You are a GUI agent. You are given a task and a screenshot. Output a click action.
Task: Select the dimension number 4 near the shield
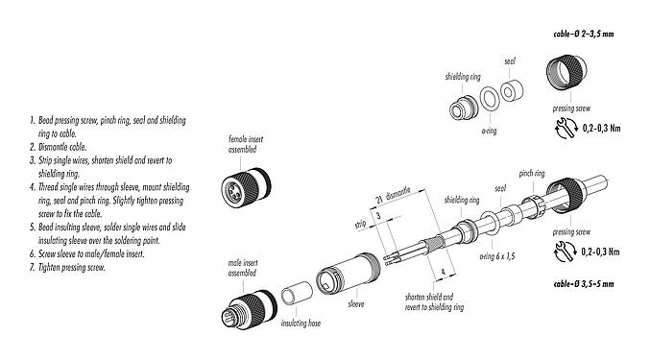[x=441, y=272]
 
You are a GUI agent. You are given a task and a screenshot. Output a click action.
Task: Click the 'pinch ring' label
[x=533, y=174]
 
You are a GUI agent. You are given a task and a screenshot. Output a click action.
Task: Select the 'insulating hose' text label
[x=300, y=324]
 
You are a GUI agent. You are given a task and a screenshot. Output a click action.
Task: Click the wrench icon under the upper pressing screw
[x=557, y=127]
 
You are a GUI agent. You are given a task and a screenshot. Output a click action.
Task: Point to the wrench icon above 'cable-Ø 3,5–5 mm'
[x=557, y=252]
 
